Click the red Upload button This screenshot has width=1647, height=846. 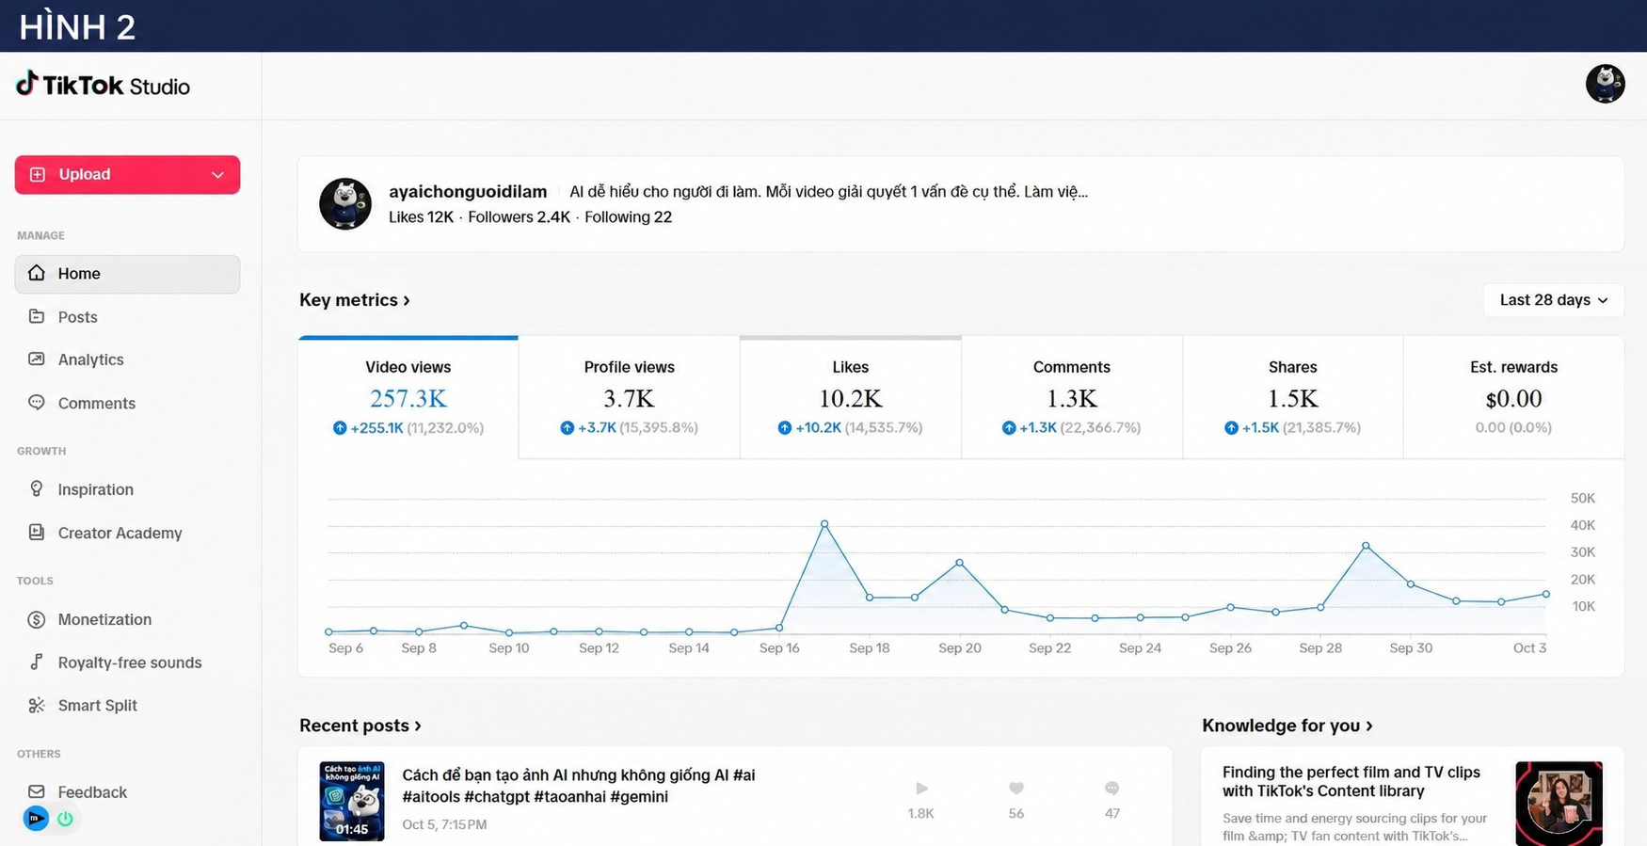click(127, 175)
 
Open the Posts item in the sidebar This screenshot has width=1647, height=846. click(77, 317)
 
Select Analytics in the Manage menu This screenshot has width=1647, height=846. click(90, 359)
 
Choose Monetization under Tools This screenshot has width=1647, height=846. click(104, 619)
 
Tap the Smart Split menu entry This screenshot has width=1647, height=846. click(97, 706)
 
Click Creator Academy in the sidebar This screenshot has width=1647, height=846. click(120, 533)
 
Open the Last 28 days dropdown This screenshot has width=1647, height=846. click(1553, 300)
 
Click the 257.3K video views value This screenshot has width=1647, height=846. click(408, 399)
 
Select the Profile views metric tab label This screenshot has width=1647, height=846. click(629, 367)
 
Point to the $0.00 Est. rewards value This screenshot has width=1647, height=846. click(1513, 399)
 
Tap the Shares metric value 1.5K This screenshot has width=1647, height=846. click(1292, 399)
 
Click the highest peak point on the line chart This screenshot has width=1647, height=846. click(824, 523)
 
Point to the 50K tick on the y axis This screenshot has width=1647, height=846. click(1583, 498)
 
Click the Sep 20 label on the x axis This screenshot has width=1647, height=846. click(960, 648)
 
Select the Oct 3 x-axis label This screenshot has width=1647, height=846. click(1529, 648)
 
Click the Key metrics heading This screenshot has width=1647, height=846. click(355, 300)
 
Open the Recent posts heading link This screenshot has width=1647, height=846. click(360, 726)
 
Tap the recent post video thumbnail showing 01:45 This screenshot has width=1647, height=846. click(352, 801)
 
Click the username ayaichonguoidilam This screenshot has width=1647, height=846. click(468, 192)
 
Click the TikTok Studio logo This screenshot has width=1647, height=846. click(103, 86)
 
